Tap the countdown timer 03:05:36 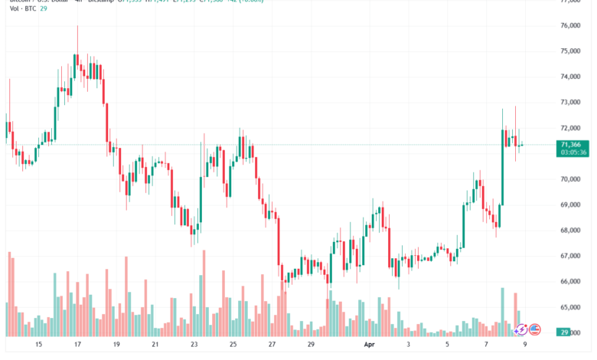573,152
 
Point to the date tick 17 77,345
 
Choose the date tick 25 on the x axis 233,345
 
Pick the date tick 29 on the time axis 312,345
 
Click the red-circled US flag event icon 535,329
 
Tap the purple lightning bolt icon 521,329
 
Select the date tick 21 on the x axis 155,345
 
